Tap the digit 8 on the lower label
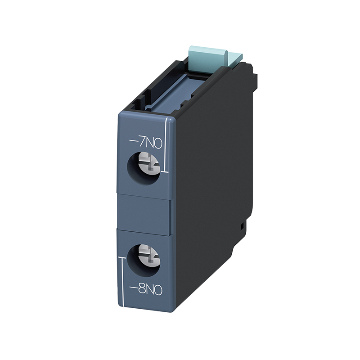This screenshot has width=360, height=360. click(142, 291)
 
